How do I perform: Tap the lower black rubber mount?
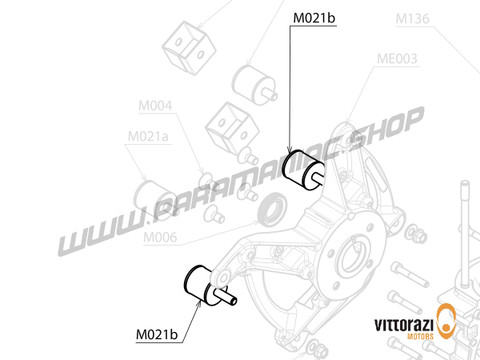(x=195, y=280)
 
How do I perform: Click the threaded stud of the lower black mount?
(x=228, y=296)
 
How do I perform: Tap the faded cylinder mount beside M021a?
(x=155, y=192)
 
